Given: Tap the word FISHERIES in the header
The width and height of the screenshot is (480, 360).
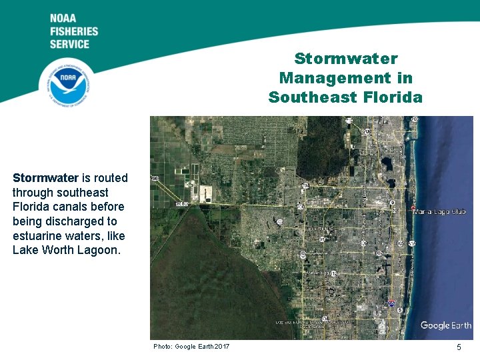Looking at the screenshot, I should tap(73, 31).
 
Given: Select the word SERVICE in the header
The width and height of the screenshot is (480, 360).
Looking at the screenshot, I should tap(69, 44).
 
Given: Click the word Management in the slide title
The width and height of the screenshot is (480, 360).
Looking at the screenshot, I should tap(345, 78).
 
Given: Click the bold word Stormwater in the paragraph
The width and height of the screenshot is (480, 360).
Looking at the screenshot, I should tap(45, 178).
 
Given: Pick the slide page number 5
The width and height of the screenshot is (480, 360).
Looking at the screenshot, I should tap(459, 347).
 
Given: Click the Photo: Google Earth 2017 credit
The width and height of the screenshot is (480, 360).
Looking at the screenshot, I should tap(191, 347).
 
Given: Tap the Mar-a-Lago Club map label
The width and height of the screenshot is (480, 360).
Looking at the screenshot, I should tap(439, 212).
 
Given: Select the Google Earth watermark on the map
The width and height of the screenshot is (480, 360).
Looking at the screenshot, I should tap(446, 326).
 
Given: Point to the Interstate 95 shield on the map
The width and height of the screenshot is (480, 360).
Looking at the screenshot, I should tap(391, 303).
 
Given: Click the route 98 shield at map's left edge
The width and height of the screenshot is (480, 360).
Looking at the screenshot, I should tap(154, 179).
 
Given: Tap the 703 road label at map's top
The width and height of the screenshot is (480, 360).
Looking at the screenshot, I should tap(415, 120).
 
